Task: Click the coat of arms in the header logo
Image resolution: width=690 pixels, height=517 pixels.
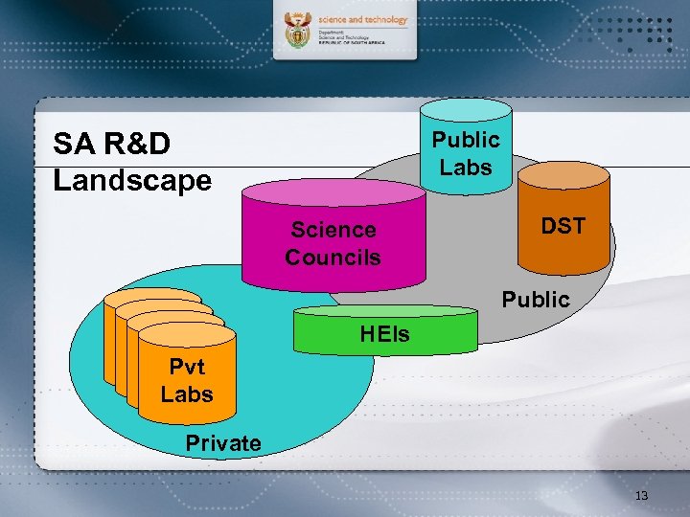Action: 299,32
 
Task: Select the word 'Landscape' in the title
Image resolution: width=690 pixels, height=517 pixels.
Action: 132,180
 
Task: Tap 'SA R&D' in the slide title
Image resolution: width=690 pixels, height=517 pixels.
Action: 112,144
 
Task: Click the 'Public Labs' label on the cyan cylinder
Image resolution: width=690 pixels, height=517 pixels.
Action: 466,153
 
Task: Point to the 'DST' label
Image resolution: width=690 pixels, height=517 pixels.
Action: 563,226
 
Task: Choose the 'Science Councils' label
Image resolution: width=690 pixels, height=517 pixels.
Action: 333,243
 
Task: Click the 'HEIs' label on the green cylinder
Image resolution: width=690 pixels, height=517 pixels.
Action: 384,334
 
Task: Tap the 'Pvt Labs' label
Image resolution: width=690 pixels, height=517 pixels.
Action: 187,380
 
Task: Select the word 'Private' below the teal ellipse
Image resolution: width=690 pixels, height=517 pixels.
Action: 223,442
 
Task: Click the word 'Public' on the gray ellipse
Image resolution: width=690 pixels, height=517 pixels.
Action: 536,300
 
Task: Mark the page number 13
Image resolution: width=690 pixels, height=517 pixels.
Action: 641,496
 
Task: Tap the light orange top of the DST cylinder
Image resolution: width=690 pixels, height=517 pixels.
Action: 563,174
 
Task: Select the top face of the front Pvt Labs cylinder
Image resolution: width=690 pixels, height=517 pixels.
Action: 187,336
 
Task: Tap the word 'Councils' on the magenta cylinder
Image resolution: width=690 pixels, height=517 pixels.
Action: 333,257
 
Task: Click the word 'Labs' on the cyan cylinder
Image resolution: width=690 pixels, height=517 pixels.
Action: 466,167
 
